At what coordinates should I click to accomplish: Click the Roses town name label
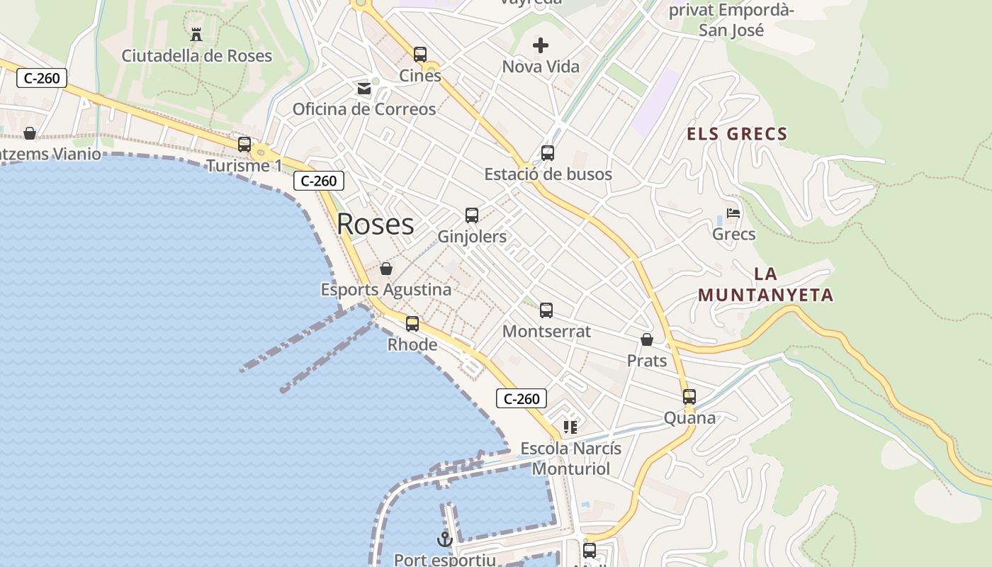click(375, 224)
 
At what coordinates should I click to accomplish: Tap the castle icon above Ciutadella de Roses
click(196, 33)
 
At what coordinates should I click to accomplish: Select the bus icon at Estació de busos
click(548, 152)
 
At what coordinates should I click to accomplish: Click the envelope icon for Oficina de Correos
click(364, 89)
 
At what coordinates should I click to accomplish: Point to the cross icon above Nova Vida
click(541, 46)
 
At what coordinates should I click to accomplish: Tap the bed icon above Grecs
click(733, 213)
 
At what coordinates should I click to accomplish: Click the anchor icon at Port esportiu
click(444, 539)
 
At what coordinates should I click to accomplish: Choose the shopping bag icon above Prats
click(647, 340)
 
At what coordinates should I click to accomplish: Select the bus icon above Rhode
click(412, 324)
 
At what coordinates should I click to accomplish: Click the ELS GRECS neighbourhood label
click(737, 134)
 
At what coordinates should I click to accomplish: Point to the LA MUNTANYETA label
click(765, 285)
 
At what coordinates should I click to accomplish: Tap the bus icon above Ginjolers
click(472, 215)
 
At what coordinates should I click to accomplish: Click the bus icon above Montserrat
click(546, 310)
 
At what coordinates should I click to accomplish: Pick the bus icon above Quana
click(689, 397)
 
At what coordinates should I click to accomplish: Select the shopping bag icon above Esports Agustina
click(386, 269)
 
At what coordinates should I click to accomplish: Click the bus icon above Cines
click(420, 55)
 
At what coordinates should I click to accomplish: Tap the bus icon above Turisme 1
click(244, 145)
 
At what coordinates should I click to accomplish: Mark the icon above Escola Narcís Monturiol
click(570, 427)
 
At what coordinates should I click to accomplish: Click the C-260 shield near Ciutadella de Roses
click(42, 78)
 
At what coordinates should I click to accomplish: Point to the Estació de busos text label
click(548, 174)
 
